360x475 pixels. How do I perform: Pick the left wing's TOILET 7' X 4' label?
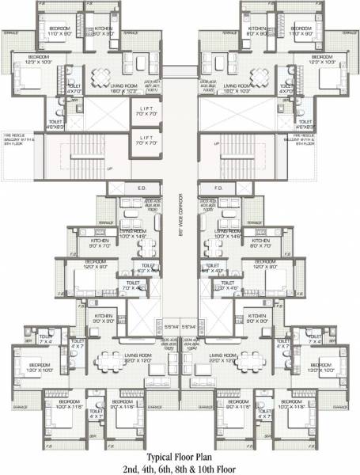pos(47,339)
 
